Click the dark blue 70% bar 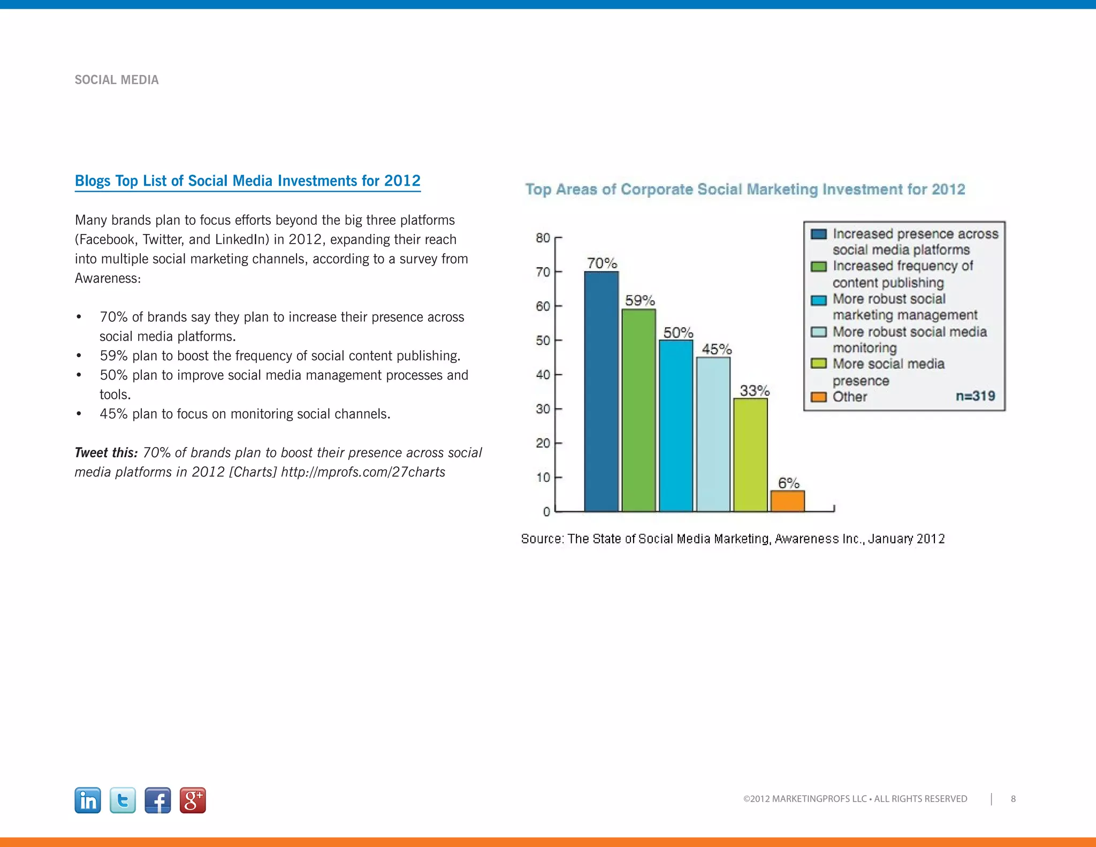601,391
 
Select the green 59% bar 638,410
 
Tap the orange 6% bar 787,501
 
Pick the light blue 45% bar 713,434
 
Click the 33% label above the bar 754,390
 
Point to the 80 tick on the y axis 543,238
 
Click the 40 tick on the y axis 543,375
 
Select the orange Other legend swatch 818,397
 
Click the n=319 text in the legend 975,396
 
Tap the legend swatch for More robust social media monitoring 818,332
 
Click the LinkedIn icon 88,800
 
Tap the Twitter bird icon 123,800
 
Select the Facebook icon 158,800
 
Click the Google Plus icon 193,800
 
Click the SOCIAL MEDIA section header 117,80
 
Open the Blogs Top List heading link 247,181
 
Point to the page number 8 1013,799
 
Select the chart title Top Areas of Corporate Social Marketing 745,189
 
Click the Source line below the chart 733,539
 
